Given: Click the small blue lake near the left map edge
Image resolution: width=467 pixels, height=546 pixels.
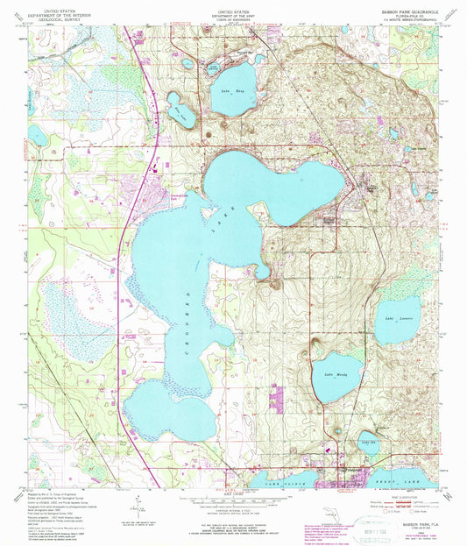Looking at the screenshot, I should tap(37, 135).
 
